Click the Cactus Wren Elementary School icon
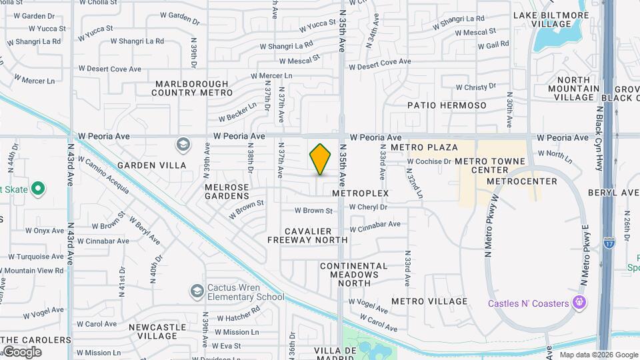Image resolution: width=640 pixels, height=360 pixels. tap(197, 291)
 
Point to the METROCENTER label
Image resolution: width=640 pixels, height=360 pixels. tap(521, 181)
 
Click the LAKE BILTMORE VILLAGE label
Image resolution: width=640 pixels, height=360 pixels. tap(551, 19)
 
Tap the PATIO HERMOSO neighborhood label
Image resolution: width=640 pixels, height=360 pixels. tap(447, 105)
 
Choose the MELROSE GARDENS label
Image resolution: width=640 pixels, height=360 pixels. tap(227, 191)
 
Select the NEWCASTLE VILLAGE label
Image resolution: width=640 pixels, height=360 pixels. tap(157, 331)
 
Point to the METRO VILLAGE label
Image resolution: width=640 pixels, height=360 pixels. tap(429, 301)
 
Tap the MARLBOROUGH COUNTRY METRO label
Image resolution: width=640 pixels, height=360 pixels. tap(191, 88)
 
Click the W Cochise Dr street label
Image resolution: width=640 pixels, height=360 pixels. tap(429, 161)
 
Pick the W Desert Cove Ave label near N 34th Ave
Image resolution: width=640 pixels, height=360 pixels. tap(379, 65)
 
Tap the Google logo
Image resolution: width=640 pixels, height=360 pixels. tap(22, 351)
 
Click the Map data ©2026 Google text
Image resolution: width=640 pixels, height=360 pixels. tap(598, 355)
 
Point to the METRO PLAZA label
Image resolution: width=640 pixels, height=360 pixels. tap(424, 147)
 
